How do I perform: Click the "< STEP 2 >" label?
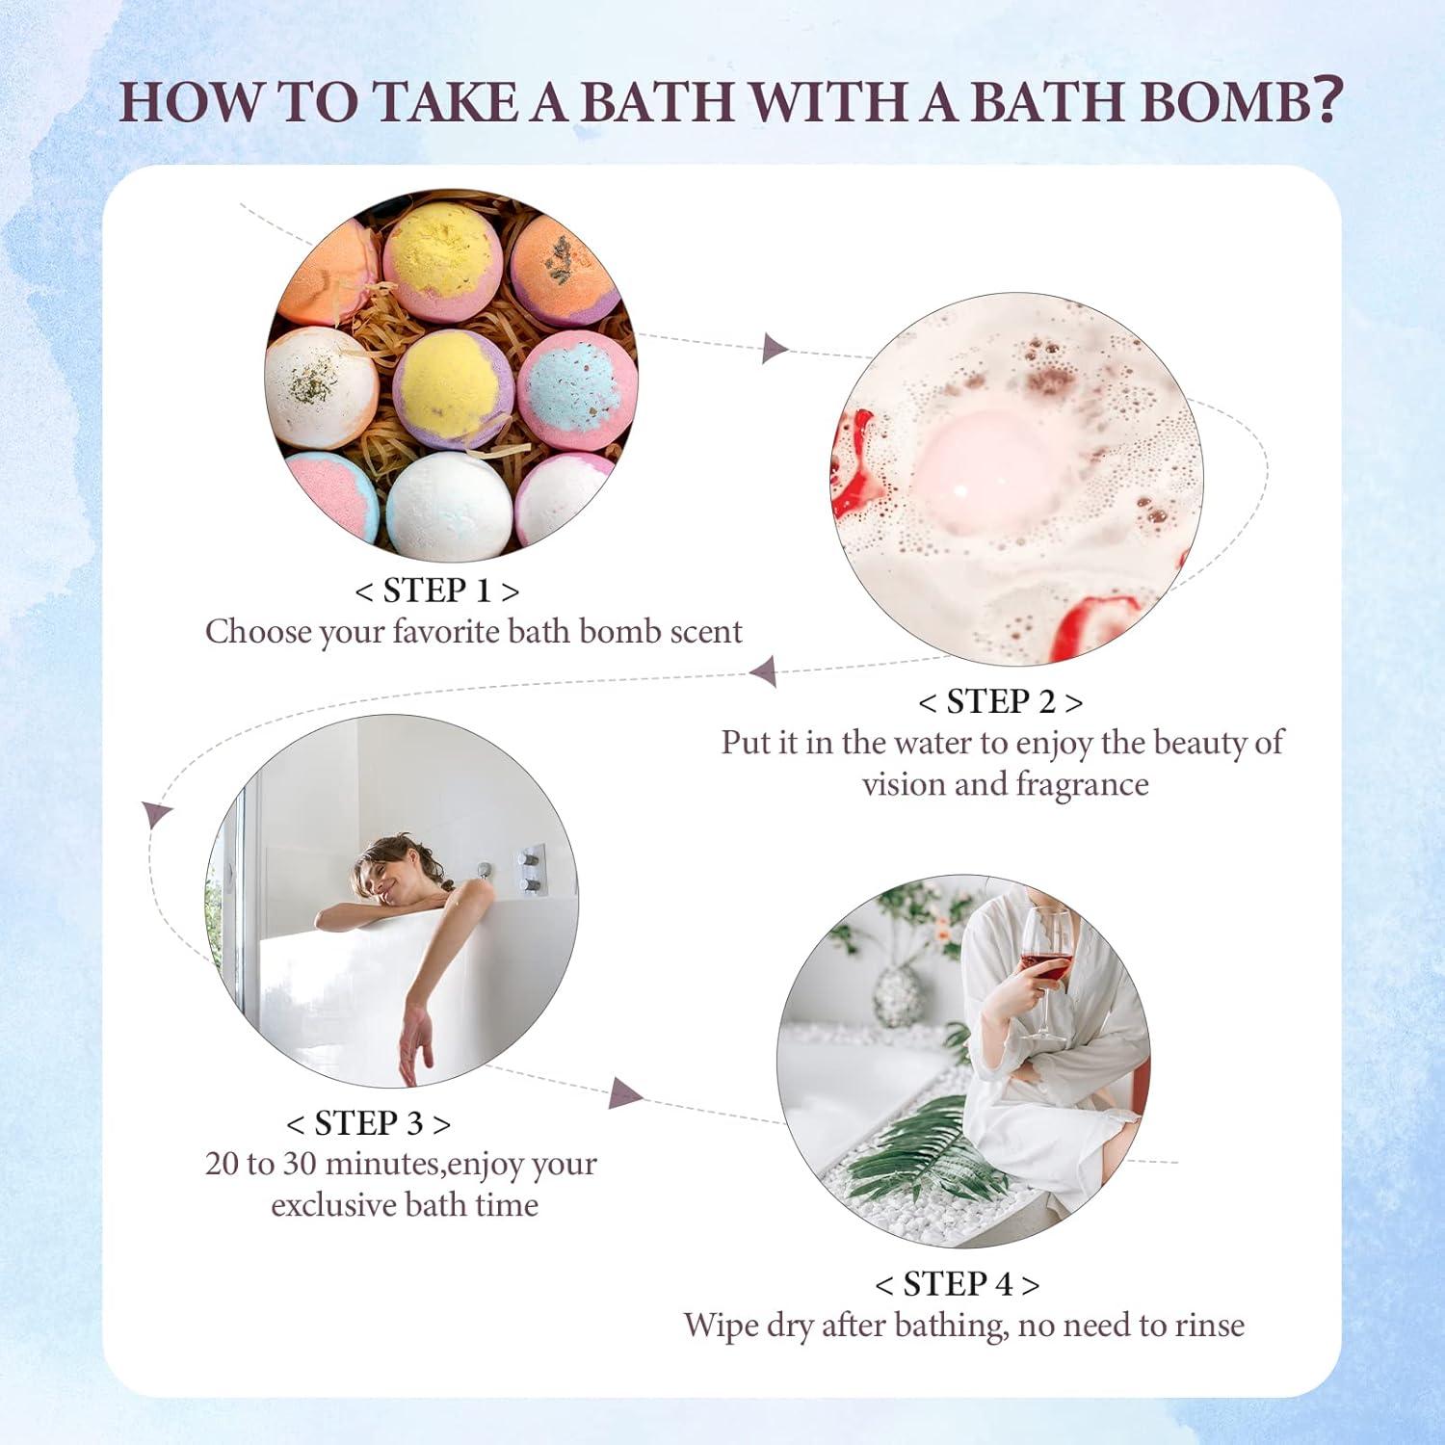tap(1000, 702)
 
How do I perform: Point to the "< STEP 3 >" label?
tap(368, 1123)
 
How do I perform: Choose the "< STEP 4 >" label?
tap(957, 1284)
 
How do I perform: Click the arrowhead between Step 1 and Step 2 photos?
tap(773, 348)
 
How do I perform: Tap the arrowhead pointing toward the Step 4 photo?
tap(624, 1092)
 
